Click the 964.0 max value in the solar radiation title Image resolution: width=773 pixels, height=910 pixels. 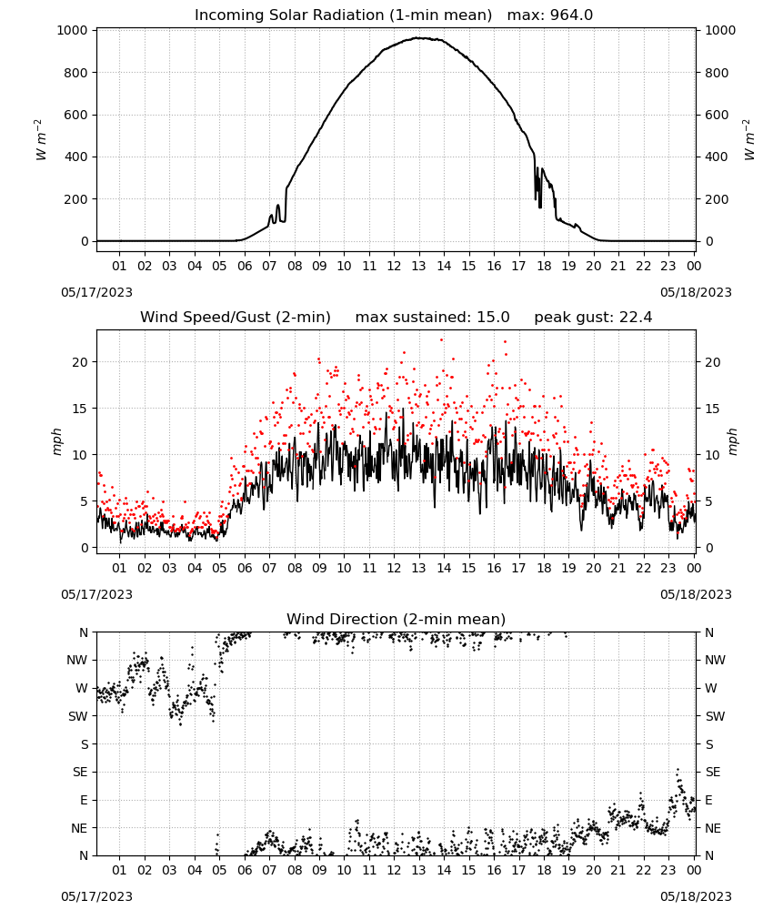[x=571, y=15]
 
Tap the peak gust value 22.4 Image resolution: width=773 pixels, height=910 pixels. [x=636, y=318]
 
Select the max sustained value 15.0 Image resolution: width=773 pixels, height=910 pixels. [x=493, y=318]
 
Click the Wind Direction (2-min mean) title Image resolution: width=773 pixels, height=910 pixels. [x=397, y=619]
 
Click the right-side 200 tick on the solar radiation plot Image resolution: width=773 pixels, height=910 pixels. [x=717, y=199]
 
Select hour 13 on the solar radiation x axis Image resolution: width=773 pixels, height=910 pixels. [x=418, y=266]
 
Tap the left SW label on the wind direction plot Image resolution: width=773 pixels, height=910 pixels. [x=78, y=716]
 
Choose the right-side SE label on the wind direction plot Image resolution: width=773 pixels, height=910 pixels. [x=713, y=772]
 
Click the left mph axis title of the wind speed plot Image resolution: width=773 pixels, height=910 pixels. [x=56, y=441]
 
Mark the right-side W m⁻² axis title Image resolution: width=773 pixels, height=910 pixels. [x=749, y=140]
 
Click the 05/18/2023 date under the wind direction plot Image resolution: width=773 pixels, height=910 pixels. [x=696, y=896]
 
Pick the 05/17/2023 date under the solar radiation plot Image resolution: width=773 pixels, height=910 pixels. [x=96, y=292]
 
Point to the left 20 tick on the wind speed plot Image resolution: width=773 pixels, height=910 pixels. [x=81, y=362]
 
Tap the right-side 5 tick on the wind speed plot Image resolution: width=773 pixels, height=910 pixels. [x=708, y=501]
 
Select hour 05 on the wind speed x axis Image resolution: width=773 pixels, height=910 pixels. [x=219, y=568]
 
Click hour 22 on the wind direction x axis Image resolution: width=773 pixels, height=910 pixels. [x=643, y=870]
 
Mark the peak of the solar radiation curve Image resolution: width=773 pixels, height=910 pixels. [x=418, y=37]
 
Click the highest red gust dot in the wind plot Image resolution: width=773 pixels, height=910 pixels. [x=441, y=339]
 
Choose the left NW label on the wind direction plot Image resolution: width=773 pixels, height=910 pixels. [x=77, y=660]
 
